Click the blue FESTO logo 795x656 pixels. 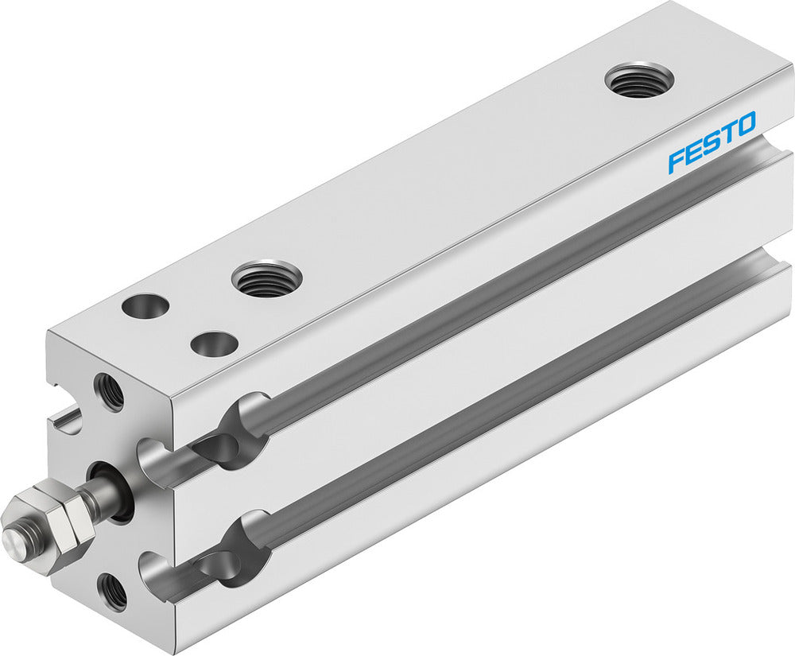pos(712,142)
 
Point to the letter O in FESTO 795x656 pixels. pos(746,126)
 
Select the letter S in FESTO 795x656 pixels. pos(711,142)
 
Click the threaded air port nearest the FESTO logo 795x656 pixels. pos(639,80)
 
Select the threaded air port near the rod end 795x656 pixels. pos(266,279)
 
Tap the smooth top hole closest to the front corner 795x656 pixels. pos(146,305)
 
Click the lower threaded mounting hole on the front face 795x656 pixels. pos(111,591)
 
